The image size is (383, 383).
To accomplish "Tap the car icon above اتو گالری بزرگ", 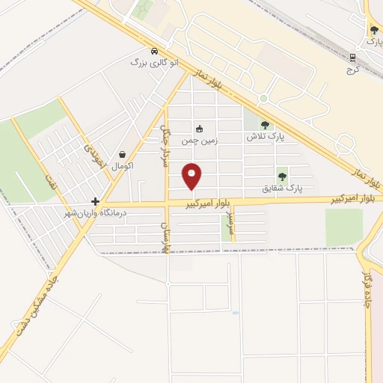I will coord(154,52).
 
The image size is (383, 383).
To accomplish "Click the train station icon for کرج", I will coord(354,56).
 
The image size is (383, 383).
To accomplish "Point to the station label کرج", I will coord(353,67).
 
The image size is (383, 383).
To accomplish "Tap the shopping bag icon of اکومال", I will coord(122,154).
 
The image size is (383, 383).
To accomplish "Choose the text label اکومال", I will coord(122,165).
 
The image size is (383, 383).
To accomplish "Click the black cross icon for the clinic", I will coord(95,201).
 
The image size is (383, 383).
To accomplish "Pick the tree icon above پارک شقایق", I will coord(282,177).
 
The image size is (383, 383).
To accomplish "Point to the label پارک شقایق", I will coord(282,189).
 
